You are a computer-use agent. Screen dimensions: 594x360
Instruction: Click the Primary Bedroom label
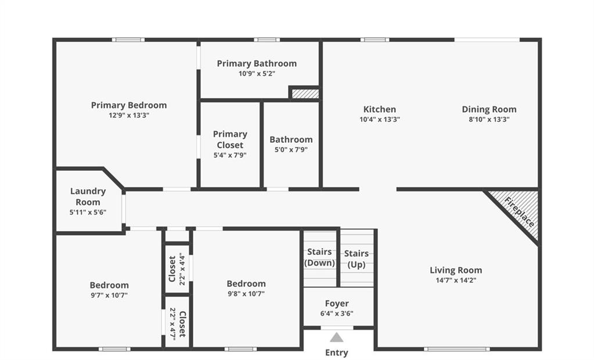(129, 105)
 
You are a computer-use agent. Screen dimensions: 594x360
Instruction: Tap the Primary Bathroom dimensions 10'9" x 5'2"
(257, 74)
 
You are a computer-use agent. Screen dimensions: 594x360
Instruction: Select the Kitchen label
(380, 109)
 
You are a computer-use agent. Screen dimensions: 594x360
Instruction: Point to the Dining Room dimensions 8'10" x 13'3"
(489, 120)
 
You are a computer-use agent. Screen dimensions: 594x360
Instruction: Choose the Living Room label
(456, 270)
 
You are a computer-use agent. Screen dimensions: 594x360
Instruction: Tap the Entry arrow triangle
(336, 337)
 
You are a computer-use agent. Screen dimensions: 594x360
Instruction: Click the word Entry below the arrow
(336, 352)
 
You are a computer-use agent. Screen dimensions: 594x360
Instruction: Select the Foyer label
(337, 304)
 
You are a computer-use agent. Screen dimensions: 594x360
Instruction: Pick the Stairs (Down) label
(319, 257)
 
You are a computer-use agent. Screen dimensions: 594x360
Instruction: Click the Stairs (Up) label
(356, 259)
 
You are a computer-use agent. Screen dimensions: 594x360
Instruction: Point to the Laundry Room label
(88, 197)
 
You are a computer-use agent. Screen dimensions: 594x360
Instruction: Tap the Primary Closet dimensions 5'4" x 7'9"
(230, 155)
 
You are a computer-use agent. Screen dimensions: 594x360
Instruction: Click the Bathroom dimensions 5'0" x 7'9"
(291, 150)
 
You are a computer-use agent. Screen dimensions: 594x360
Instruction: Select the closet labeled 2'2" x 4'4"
(177, 269)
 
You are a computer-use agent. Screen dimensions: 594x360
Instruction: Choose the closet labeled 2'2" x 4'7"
(177, 322)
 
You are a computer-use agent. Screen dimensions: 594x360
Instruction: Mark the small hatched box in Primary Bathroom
(305, 93)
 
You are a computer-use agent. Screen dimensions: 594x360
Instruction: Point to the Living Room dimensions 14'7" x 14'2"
(456, 280)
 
